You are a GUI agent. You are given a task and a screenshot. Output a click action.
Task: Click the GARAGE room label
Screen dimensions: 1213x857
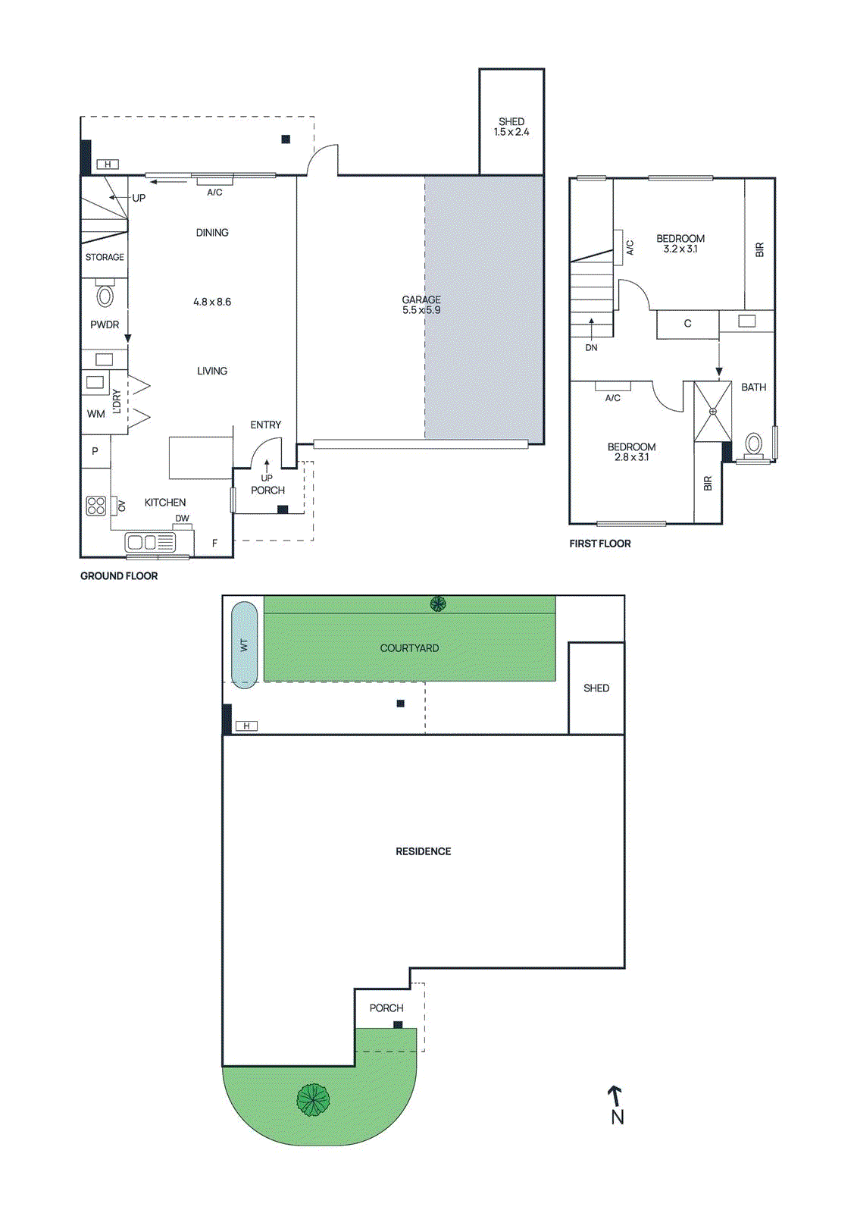[x=421, y=300]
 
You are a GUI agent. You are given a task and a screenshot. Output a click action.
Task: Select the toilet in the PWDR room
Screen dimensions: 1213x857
[x=105, y=294]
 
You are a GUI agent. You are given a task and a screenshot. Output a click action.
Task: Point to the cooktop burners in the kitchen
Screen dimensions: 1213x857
[x=96, y=506]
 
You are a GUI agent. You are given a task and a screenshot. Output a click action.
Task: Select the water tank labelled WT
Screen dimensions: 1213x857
[x=244, y=644]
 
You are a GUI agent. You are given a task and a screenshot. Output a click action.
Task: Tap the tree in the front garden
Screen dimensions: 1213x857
[x=313, y=1099]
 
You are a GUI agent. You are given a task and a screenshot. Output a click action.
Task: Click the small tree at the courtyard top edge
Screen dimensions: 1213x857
[x=438, y=603]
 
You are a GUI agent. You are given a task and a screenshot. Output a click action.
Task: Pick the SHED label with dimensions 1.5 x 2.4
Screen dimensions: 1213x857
[x=511, y=127]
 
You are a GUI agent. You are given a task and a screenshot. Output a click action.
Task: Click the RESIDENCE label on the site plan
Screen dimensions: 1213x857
[x=423, y=851]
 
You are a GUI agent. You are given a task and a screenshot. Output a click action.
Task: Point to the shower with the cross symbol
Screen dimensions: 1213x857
[x=712, y=412]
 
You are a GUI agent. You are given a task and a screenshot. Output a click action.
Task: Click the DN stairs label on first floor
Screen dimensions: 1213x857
[x=591, y=347]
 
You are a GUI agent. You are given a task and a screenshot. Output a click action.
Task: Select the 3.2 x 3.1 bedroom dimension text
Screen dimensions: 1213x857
[x=680, y=249]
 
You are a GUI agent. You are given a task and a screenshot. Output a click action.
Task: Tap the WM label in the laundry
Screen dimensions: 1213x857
[x=95, y=414]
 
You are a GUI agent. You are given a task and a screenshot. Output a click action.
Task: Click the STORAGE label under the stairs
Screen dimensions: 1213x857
[x=105, y=257]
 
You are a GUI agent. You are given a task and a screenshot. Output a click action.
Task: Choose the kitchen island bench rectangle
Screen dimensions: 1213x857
[x=200, y=458]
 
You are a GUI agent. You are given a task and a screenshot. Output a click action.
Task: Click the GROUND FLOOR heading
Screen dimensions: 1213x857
[x=119, y=576]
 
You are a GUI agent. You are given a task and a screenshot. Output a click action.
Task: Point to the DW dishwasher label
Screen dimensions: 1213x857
[x=182, y=519]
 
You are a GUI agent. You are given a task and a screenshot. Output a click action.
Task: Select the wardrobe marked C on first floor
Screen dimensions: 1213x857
[x=687, y=324]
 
